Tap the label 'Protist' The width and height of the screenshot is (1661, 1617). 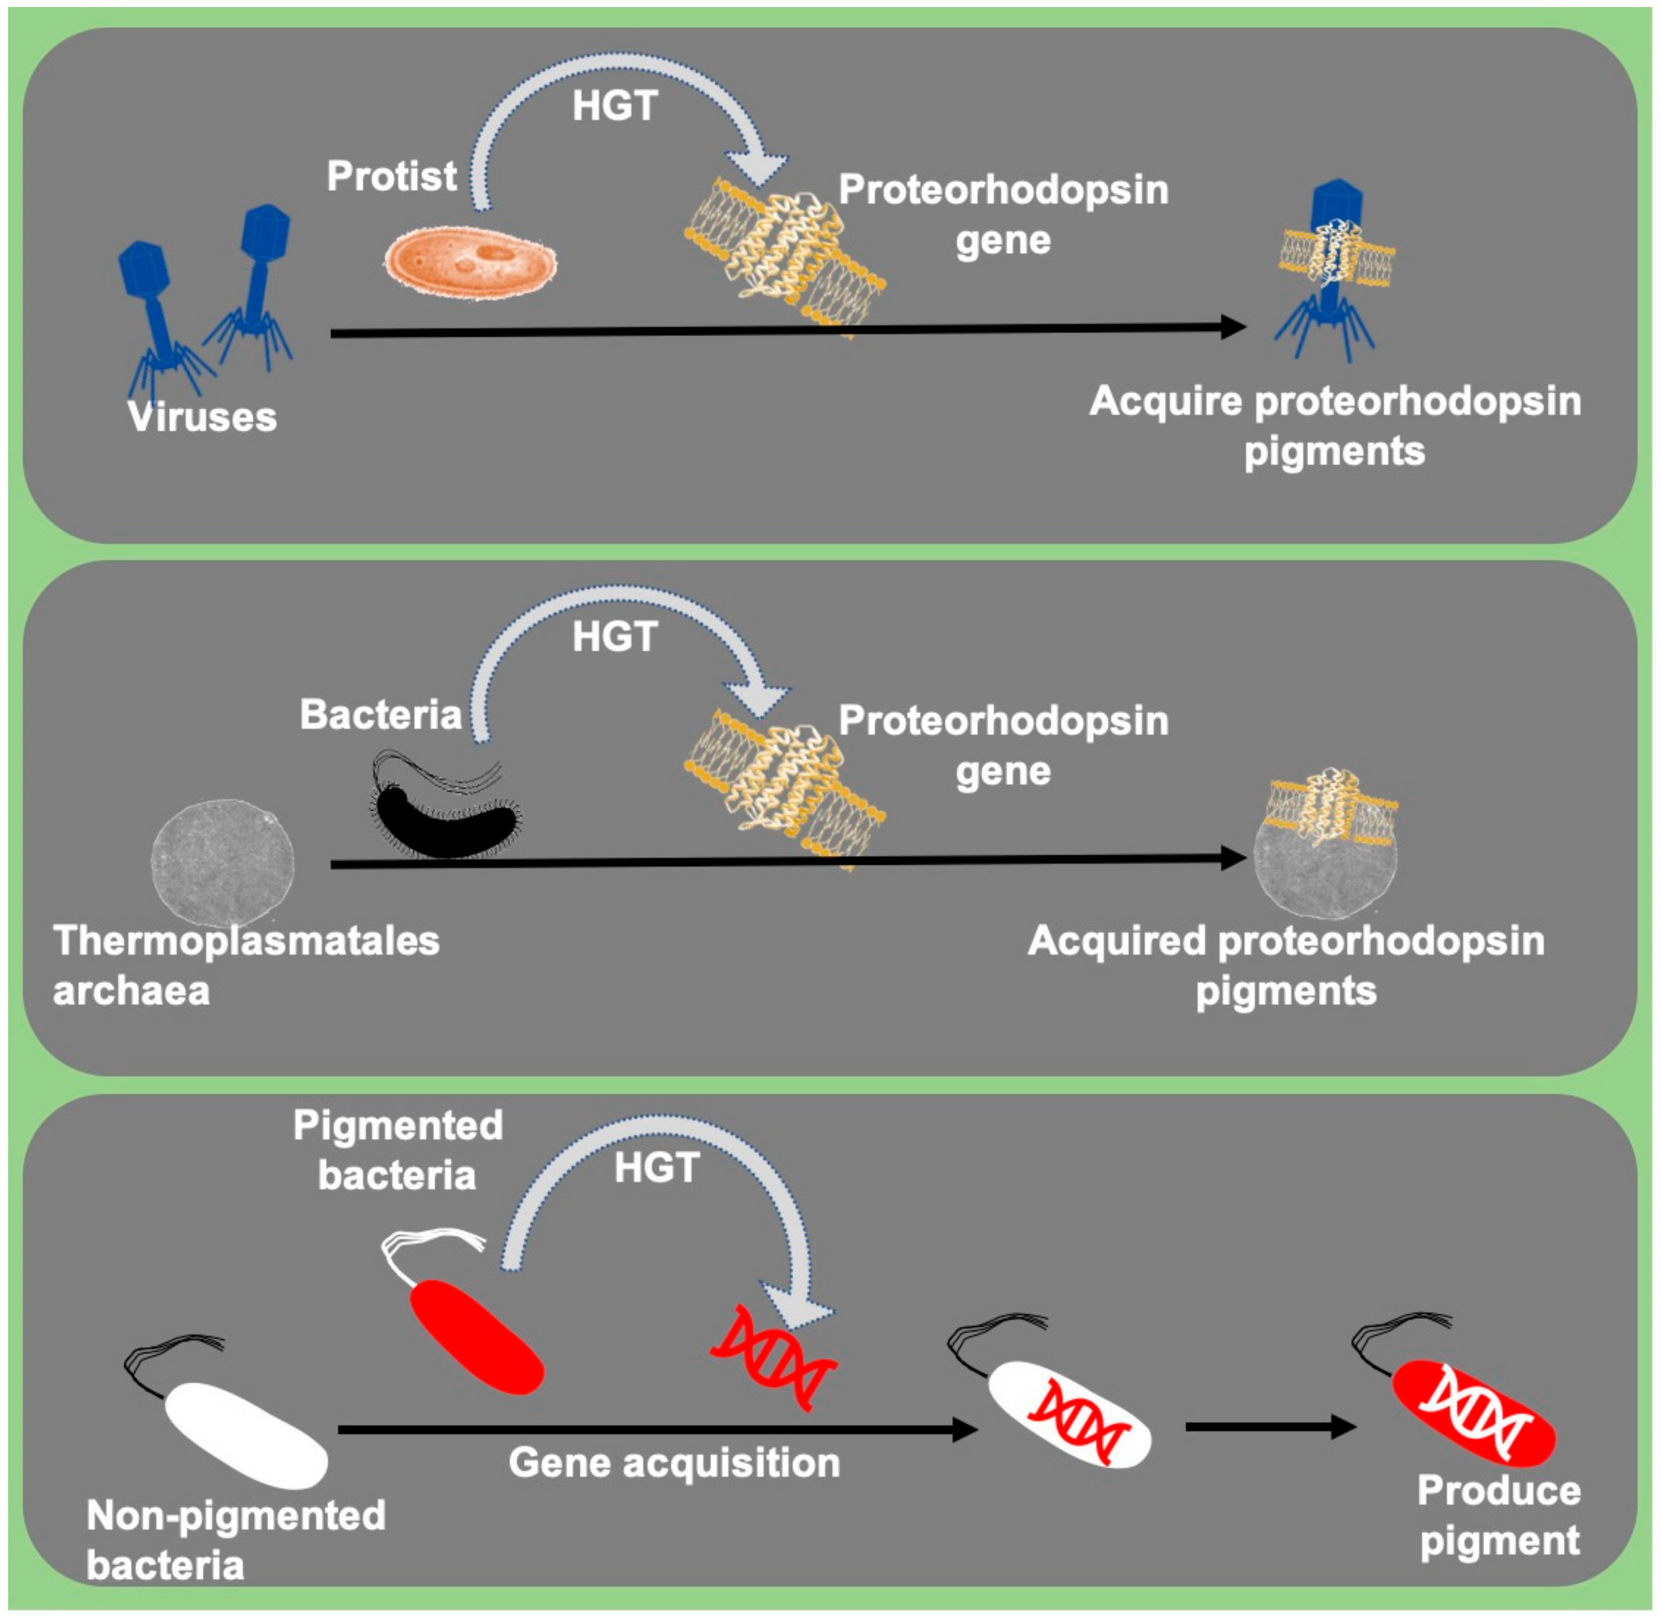(391, 176)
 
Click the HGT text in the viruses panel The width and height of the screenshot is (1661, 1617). (615, 106)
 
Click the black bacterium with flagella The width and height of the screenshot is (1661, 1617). (446, 803)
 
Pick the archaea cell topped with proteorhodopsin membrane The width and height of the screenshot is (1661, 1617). (1326, 853)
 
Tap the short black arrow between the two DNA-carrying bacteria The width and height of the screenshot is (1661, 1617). (1271, 1427)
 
